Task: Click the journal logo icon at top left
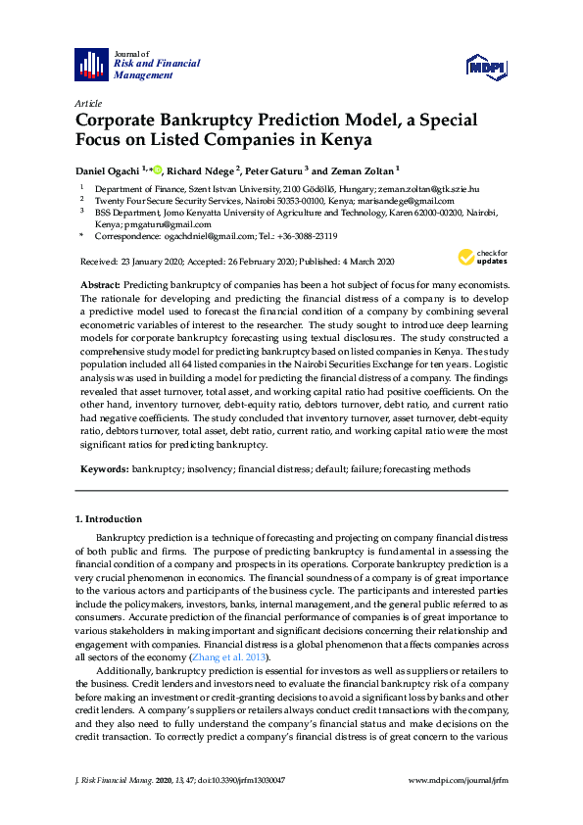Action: tap(91, 65)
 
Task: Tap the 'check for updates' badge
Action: tap(476, 258)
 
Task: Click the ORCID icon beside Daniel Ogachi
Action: tap(157, 169)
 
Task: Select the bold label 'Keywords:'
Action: tap(104, 469)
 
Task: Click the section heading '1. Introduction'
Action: tap(109, 519)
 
